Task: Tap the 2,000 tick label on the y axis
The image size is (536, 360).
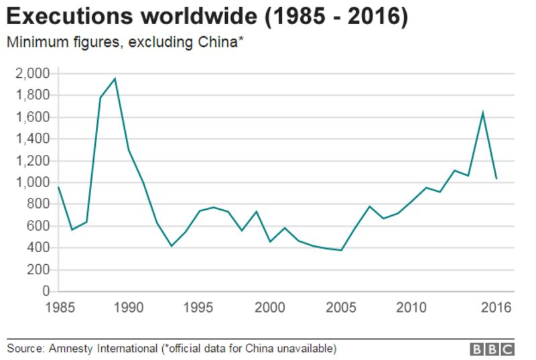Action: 32,73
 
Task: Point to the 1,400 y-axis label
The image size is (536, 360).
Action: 32,139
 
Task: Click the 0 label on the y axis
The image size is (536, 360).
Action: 46,292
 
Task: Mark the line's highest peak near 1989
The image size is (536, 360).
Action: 115,78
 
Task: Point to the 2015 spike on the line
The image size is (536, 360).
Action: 482,112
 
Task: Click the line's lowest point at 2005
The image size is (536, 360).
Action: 341,250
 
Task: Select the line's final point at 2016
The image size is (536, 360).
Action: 496,178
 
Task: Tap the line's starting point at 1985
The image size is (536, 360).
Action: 58,187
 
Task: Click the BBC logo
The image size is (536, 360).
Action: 492,349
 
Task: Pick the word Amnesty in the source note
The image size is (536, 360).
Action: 72,349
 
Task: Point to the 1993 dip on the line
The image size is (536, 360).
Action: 171,246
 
